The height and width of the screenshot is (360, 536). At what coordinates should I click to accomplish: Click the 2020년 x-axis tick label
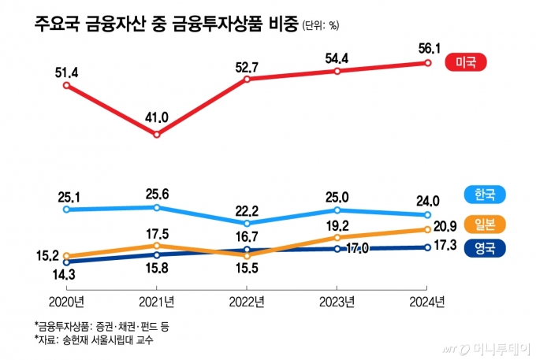click(66, 301)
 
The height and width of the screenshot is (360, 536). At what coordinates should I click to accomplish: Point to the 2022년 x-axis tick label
click(247, 301)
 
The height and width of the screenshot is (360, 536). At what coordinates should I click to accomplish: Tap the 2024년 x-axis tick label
click(427, 301)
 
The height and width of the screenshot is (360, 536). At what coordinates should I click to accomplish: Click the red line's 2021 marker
click(157, 135)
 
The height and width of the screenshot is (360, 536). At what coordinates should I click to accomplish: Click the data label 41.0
click(157, 117)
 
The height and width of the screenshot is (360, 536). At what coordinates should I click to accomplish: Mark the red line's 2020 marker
click(67, 86)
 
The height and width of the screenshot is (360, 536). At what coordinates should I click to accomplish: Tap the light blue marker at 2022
click(247, 223)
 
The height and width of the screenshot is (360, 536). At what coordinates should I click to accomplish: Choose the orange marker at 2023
click(337, 237)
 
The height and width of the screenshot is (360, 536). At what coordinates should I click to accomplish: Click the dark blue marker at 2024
click(427, 247)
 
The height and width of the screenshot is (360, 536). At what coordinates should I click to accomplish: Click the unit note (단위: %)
click(320, 26)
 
